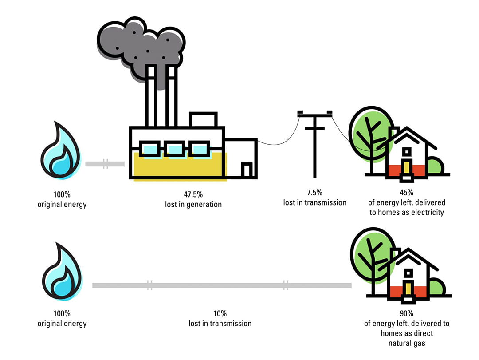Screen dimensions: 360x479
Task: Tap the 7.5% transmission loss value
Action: pos(314,192)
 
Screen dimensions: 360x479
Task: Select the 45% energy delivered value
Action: pos(406,192)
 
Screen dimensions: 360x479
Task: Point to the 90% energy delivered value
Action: pos(406,313)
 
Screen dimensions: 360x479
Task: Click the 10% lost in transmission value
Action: pos(220,313)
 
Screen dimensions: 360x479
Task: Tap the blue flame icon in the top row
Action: pos(61,151)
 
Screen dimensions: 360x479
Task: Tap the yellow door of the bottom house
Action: pos(408,289)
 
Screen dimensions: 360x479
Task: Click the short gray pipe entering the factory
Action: pos(105,164)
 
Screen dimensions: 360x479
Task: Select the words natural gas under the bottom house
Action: pos(406,343)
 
